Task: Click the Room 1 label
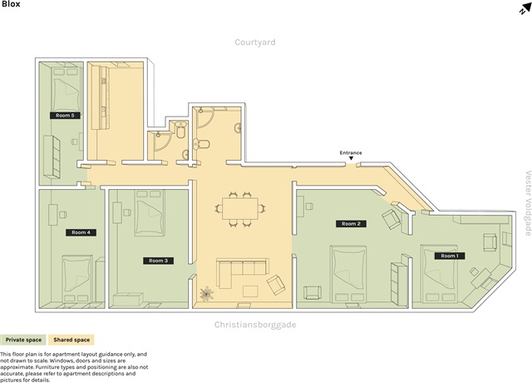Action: (450, 256)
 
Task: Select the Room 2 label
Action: (351, 224)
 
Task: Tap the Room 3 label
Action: (159, 261)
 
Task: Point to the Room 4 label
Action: (81, 232)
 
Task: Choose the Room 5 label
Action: (65, 115)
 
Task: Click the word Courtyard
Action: (255, 42)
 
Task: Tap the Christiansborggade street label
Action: (255, 325)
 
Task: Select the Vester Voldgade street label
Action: (528, 203)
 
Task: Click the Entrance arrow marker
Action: (351, 158)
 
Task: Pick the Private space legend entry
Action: (23, 340)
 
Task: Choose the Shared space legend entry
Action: (71, 340)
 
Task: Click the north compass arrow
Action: (525, 9)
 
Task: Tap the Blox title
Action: (11, 4)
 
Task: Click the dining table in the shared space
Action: (240, 209)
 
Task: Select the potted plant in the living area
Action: (206, 294)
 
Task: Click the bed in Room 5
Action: (66, 89)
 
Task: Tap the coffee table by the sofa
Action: (250, 291)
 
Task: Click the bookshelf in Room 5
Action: (52, 157)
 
